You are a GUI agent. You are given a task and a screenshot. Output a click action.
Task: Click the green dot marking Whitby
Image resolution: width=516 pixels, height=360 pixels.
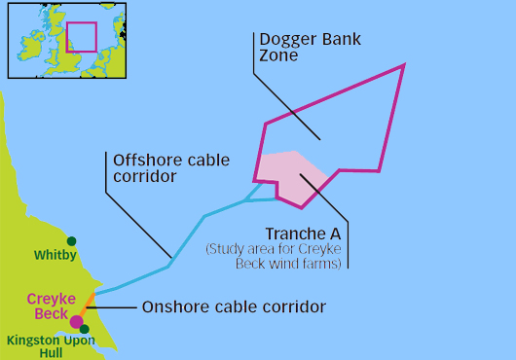click(71, 241)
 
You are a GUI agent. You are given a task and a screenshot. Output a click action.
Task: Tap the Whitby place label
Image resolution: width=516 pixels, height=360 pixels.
click(55, 255)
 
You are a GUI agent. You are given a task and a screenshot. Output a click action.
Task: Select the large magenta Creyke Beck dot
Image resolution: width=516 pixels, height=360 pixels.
click(77, 321)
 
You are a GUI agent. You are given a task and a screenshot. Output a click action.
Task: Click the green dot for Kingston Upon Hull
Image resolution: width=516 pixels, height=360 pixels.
click(85, 329)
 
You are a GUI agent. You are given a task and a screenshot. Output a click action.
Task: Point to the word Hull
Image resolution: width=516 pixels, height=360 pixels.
click(51, 353)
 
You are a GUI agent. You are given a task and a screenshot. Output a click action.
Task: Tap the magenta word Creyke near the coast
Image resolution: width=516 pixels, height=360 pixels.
click(52, 300)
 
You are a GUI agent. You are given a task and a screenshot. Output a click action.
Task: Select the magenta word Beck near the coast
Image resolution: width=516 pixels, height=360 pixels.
click(51, 313)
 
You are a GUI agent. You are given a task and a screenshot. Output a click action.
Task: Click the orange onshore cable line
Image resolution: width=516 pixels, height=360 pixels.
click(88, 306)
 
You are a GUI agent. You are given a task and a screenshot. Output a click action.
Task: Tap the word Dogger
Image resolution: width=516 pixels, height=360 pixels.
click(288, 40)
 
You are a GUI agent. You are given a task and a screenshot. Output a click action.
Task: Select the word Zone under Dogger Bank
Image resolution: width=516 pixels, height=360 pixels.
click(278, 54)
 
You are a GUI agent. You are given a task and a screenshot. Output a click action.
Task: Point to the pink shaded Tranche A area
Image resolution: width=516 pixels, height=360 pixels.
click(289, 177)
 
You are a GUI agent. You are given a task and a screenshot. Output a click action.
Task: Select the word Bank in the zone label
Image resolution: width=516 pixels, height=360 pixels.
click(341, 39)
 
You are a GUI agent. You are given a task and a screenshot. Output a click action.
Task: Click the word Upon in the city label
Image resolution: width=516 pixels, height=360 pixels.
click(79, 341)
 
